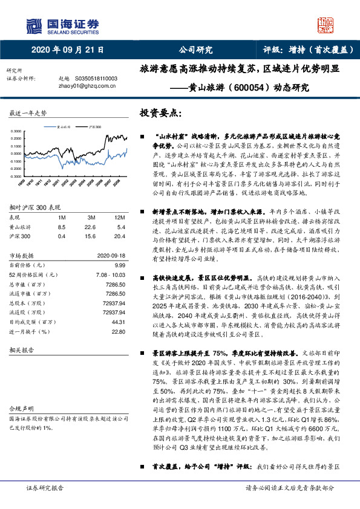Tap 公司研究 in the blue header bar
coord(195,51)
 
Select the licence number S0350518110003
coord(96,79)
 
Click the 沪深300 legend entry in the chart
coord(94,128)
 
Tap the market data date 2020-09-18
coord(110,256)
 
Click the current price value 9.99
coord(119,265)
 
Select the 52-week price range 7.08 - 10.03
coord(110,275)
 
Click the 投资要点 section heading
coord(160,113)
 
